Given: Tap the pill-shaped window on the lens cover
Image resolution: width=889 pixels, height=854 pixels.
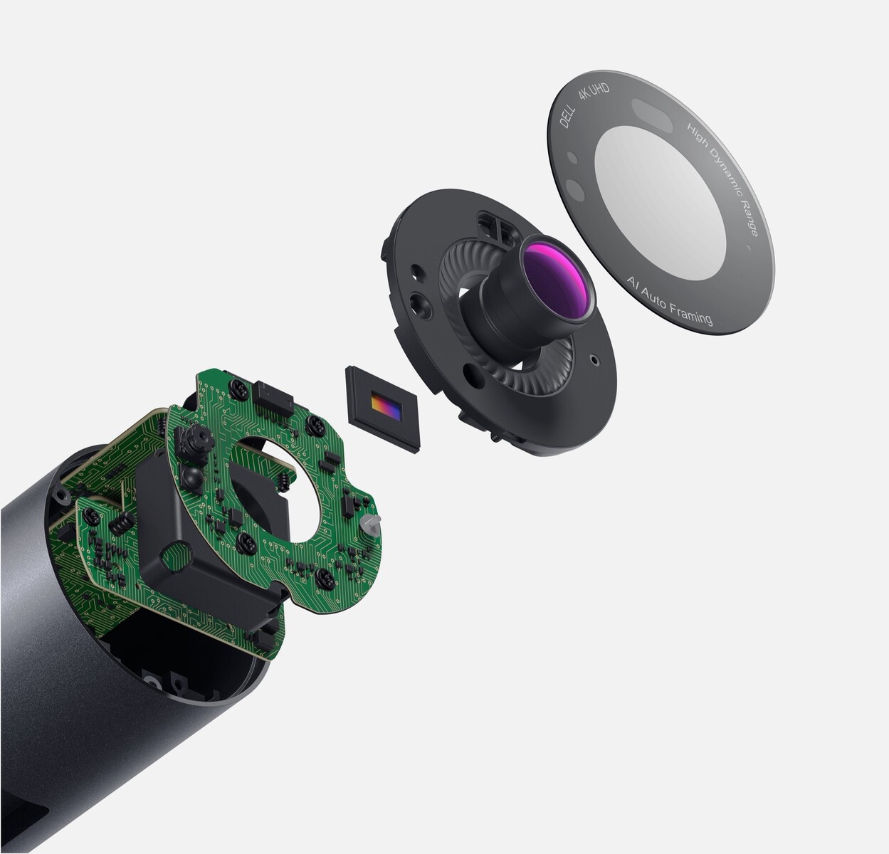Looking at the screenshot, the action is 652,115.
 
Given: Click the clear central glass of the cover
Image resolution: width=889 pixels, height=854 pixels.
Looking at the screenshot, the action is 660,203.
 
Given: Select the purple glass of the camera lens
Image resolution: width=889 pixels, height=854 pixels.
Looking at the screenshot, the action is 554,278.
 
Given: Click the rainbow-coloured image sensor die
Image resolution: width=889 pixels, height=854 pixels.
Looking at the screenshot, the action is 386,406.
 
